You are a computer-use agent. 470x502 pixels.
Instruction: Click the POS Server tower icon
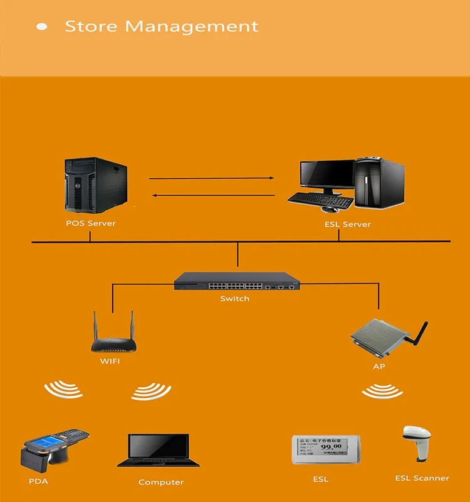click(x=95, y=185)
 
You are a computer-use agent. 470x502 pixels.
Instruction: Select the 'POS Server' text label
click(x=91, y=223)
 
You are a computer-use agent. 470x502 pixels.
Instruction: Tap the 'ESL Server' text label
click(x=348, y=224)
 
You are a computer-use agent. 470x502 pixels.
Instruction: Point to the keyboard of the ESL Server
click(x=320, y=200)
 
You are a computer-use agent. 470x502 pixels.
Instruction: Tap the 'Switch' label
click(x=235, y=299)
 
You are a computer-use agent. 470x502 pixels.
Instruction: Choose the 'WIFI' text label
click(x=110, y=361)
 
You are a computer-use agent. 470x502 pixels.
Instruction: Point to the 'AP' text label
click(x=379, y=366)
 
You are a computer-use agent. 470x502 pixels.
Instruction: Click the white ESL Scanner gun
click(x=417, y=442)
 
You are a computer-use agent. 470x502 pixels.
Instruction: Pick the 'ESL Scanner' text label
click(x=422, y=478)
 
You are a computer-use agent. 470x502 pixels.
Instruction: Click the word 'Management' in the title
click(x=191, y=26)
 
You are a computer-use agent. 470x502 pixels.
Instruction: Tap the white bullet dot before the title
click(x=43, y=26)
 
